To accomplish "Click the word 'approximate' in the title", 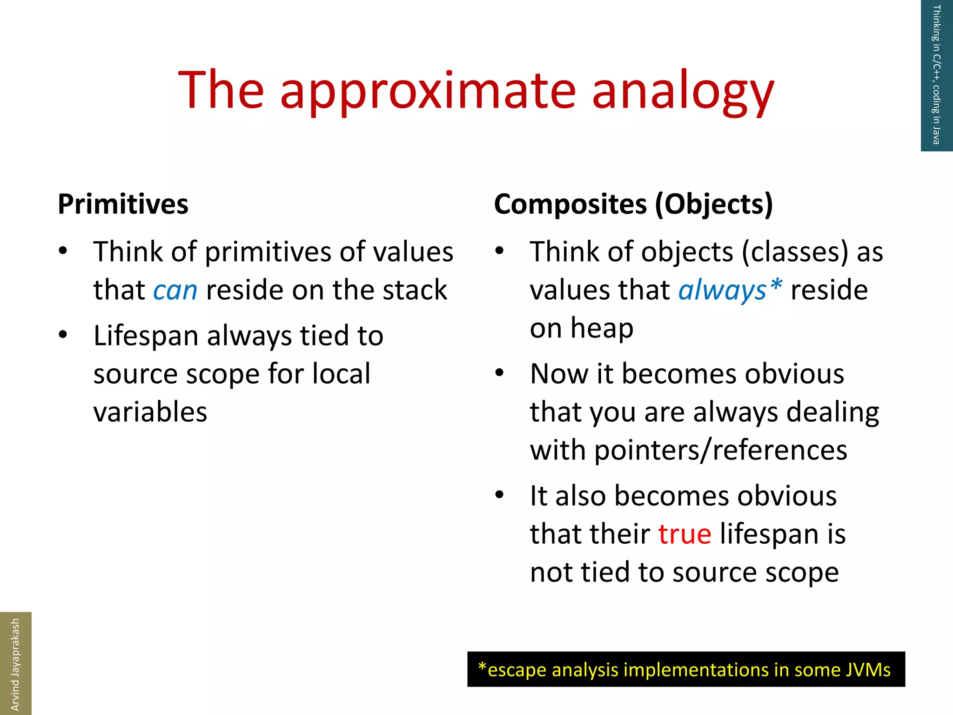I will pyautogui.click(x=428, y=91).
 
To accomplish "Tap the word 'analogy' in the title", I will pyautogui.click(x=683, y=91).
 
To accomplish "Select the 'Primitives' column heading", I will pyautogui.click(x=123, y=204).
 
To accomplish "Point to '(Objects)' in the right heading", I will pyautogui.click(x=714, y=204).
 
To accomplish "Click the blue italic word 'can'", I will pyautogui.click(x=175, y=290).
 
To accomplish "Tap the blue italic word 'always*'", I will pyautogui.click(x=730, y=290).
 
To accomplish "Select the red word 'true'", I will pyautogui.click(x=685, y=534).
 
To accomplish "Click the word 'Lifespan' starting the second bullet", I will pyautogui.click(x=146, y=336).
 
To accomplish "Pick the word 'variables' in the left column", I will pyautogui.click(x=150, y=412).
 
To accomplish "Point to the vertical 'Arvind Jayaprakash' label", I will pyautogui.click(x=15, y=664).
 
